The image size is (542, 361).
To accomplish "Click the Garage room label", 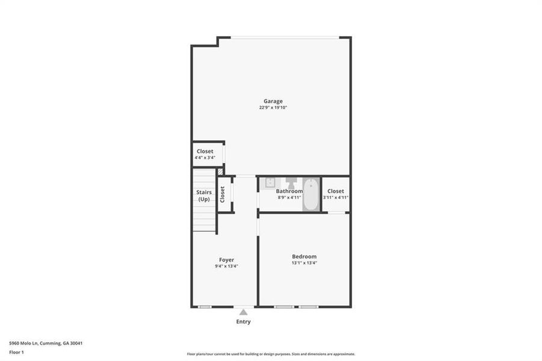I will coord(273,101).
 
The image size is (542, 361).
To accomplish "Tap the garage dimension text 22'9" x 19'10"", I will coord(273,108).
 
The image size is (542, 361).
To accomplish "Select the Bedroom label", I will coord(304,256).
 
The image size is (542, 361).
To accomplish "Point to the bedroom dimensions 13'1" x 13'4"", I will coord(304,263).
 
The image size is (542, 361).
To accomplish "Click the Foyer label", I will coord(226,260).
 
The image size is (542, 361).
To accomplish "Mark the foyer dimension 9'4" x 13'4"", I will coord(226,266).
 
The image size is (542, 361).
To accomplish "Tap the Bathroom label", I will coord(289,191).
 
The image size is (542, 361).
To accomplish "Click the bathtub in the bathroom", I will coord(310,194).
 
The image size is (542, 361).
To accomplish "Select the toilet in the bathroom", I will coord(291,182).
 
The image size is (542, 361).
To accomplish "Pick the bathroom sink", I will coord(270,182).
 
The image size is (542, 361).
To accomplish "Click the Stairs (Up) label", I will coord(204,196).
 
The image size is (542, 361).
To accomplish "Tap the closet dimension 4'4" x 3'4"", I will coord(205,158).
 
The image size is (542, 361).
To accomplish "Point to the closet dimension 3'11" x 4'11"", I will coord(336,197).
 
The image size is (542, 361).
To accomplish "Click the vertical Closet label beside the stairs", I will coord(223,194).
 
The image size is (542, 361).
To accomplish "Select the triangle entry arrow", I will coord(243,312).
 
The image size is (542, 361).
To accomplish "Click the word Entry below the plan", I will coord(243,322).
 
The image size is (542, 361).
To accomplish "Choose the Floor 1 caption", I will coord(16,352).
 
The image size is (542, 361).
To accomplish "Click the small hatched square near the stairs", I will coord(220,171).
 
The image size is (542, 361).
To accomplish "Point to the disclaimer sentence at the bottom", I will coord(271,354).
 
